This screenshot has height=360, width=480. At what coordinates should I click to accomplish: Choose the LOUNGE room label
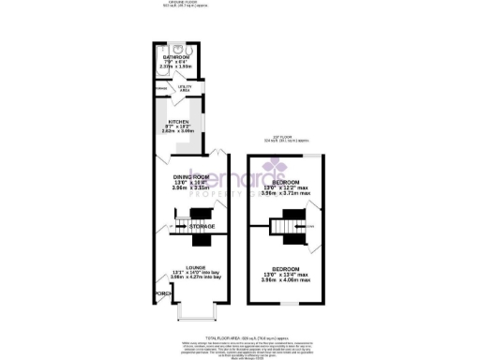(195, 267)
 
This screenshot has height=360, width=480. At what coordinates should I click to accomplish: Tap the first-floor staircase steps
(282, 228)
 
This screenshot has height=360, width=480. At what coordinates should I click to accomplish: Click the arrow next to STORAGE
(184, 227)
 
